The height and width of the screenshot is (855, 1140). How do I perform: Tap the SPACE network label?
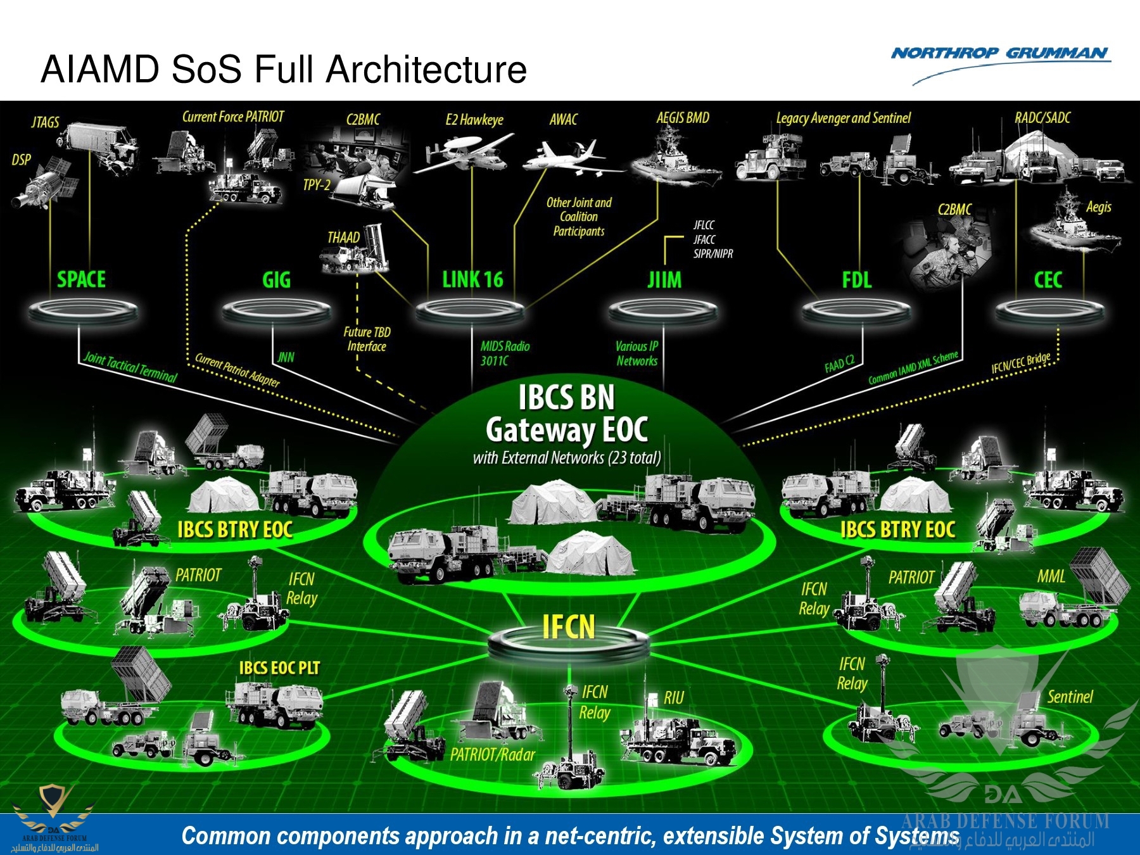pyautogui.click(x=81, y=279)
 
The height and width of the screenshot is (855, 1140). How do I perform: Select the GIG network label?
pyautogui.click(x=276, y=280)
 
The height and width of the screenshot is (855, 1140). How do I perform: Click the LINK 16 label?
pyautogui.click(x=472, y=279)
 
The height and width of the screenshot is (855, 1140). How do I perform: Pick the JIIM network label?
pyautogui.click(x=664, y=280)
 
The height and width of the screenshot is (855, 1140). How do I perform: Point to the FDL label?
pyautogui.click(x=856, y=280)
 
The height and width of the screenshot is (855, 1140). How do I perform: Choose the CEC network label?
pyautogui.click(x=1048, y=280)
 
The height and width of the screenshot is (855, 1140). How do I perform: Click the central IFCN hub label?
pyautogui.click(x=568, y=627)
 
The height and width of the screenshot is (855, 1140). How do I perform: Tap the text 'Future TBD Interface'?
pyautogui.click(x=367, y=339)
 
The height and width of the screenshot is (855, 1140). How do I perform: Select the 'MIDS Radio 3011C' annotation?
pyautogui.click(x=504, y=353)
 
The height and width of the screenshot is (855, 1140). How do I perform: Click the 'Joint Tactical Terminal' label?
pyautogui.click(x=130, y=367)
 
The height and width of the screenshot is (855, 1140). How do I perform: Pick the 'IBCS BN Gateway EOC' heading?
pyautogui.click(x=566, y=414)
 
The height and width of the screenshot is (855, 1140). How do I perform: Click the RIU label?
pyautogui.click(x=673, y=698)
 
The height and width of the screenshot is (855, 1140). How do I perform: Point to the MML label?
pyautogui.click(x=1051, y=576)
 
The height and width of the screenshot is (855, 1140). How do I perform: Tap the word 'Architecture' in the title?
pyautogui.click(x=426, y=69)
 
